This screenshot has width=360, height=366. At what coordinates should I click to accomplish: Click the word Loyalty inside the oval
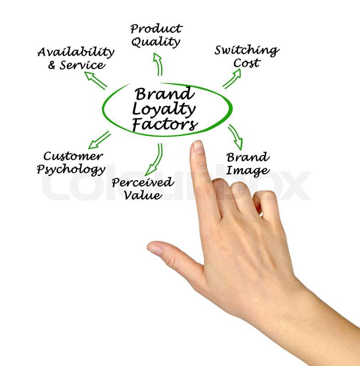point(164,109)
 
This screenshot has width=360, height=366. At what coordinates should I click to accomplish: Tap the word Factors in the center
point(165,124)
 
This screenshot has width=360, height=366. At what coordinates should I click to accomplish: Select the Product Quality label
point(156,35)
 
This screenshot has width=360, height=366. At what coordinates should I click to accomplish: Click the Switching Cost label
point(247,56)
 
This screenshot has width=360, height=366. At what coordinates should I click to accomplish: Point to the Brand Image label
point(247,164)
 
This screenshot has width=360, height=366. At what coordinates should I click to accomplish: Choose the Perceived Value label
point(143,188)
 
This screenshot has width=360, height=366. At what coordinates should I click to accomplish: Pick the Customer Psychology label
point(71,163)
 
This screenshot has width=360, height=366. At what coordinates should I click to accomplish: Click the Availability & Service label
point(75,58)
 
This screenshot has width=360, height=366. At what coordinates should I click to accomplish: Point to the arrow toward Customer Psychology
point(99,140)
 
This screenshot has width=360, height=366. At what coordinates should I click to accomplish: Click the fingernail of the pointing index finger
point(198,147)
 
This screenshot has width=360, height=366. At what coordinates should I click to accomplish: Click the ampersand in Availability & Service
point(52,65)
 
